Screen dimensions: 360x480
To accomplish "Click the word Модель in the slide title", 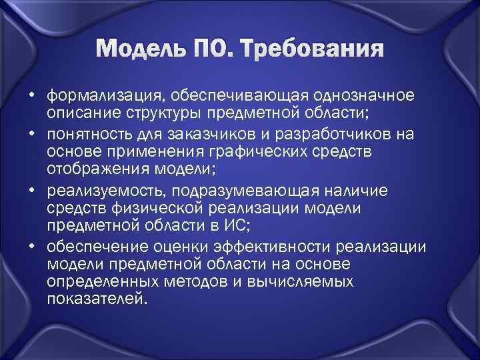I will click(142, 50).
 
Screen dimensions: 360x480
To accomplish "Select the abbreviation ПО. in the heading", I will click(217, 50).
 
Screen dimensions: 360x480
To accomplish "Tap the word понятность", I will click(87, 135).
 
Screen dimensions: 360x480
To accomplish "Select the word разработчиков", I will click(333, 135).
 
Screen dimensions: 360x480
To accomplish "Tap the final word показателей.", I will click(95, 300).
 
